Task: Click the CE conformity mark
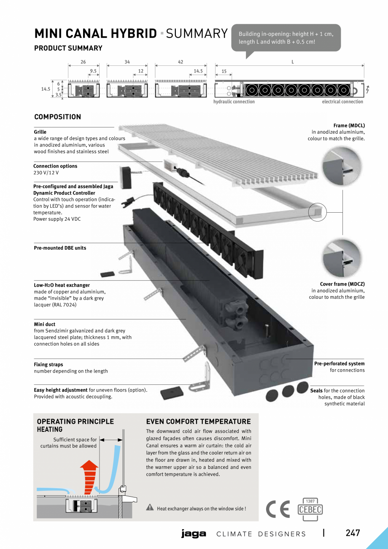pyautogui.click(x=278, y=510)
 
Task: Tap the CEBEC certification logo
pyautogui.click(x=310, y=509)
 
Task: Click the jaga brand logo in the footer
pyautogui.click(x=194, y=534)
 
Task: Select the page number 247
pyautogui.click(x=353, y=533)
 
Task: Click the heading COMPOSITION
pyautogui.click(x=57, y=117)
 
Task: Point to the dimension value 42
pyautogui.click(x=181, y=62)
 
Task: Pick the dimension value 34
pyautogui.click(x=127, y=62)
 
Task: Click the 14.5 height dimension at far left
pyautogui.click(x=46, y=89)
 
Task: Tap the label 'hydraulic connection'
pyautogui.click(x=234, y=102)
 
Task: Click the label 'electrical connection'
pyautogui.click(x=342, y=102)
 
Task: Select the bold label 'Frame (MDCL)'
pyautogui.click(x=349, y=126)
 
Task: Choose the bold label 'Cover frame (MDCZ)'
pyautogui.click(x=342, y=284)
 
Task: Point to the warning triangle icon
pyautogui.click(x=150, y=508)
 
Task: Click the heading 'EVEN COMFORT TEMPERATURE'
pyautogui.click(x=198, y=422)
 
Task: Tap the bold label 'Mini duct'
pyautogui.click(x=45, y=325)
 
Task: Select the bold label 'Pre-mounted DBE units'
pyautogui.click(x=60, y=248)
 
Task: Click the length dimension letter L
pyautogui.click(x=292, y=62)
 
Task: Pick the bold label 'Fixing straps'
pyautogui.click(x=48, y=365)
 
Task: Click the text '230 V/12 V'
pyautogui.click(x=46, y=173)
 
